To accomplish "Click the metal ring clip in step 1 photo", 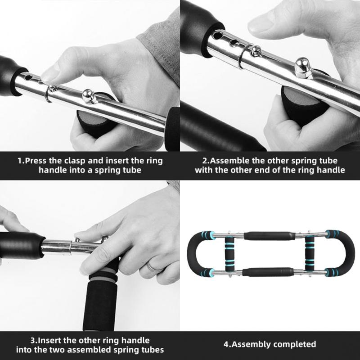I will [49, 94].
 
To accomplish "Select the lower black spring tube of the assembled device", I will [270, 272].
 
